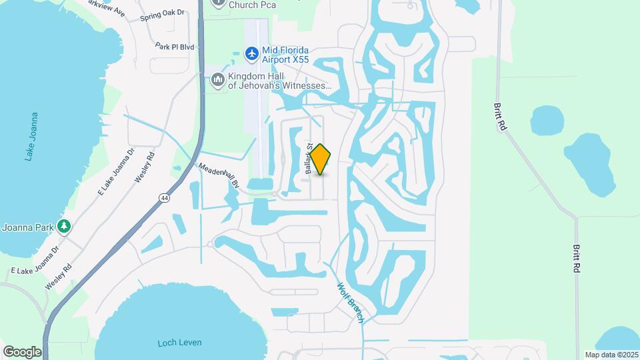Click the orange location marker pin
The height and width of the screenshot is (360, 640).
(321, 159)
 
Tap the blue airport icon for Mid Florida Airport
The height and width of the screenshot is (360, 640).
(251, 53)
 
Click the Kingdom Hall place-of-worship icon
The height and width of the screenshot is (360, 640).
(217, 81)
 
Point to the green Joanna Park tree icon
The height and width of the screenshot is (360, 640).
(64, 226)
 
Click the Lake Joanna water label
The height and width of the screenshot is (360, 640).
(30, 137)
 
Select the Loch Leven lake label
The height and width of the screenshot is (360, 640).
(175, 343)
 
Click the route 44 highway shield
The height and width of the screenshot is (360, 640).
(163, 197)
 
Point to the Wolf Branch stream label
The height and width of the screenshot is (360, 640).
(351, 302)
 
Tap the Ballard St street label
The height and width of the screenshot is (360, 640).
(309, 159)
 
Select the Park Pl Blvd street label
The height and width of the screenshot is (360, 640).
(174, 47)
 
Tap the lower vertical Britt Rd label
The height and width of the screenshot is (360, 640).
(575, 258)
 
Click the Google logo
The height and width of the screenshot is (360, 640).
(22, 351)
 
